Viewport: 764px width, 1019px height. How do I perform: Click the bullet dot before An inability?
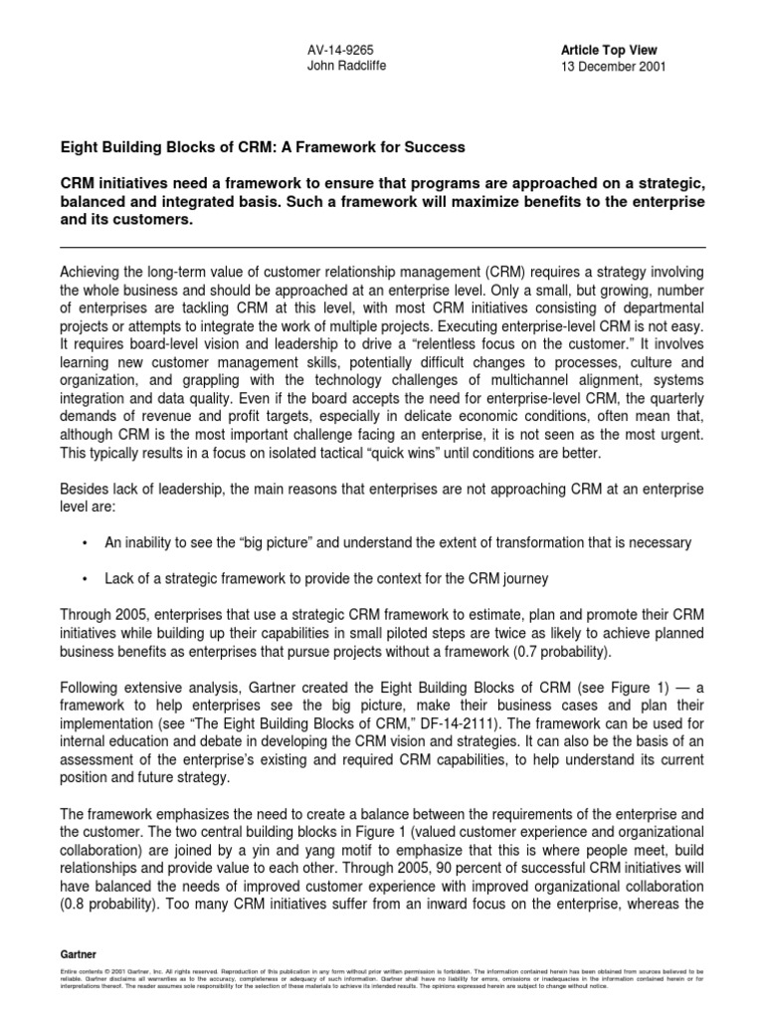[x=87, y=542]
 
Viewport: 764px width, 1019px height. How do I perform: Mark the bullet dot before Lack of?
[x=87, y=578]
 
